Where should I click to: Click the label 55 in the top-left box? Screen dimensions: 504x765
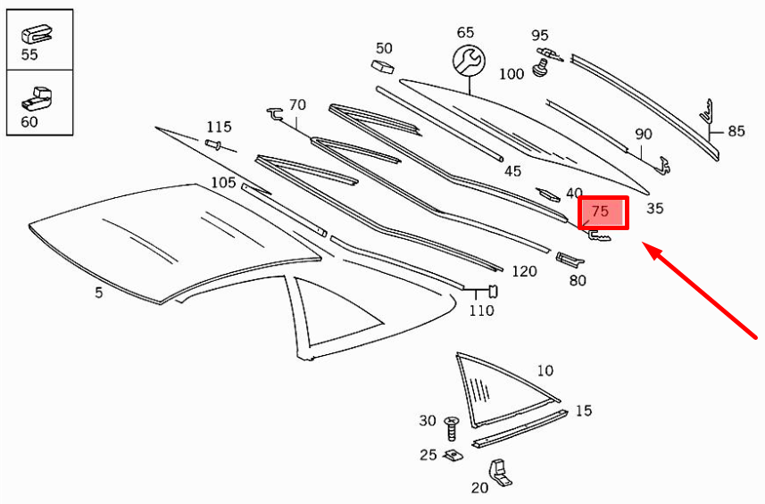point(29,55)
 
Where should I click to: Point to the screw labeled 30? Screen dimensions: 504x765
point(451,426)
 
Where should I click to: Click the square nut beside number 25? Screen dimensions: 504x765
point(453,455)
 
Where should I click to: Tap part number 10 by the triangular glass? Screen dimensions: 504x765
point(545,370)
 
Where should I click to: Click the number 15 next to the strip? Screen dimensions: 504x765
point(583,410)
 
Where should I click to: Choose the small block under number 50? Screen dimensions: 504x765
point(382,66)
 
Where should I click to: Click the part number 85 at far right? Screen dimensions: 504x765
point(736,131)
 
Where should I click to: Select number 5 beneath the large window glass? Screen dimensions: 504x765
point(99,292)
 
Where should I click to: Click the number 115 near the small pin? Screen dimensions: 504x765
point(219,127)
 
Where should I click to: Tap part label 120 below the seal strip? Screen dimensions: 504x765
point(525,270)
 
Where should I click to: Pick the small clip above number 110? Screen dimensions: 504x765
point(490,291)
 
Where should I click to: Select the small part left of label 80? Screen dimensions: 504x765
point(568,260)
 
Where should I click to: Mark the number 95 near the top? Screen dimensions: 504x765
point(540,36)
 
